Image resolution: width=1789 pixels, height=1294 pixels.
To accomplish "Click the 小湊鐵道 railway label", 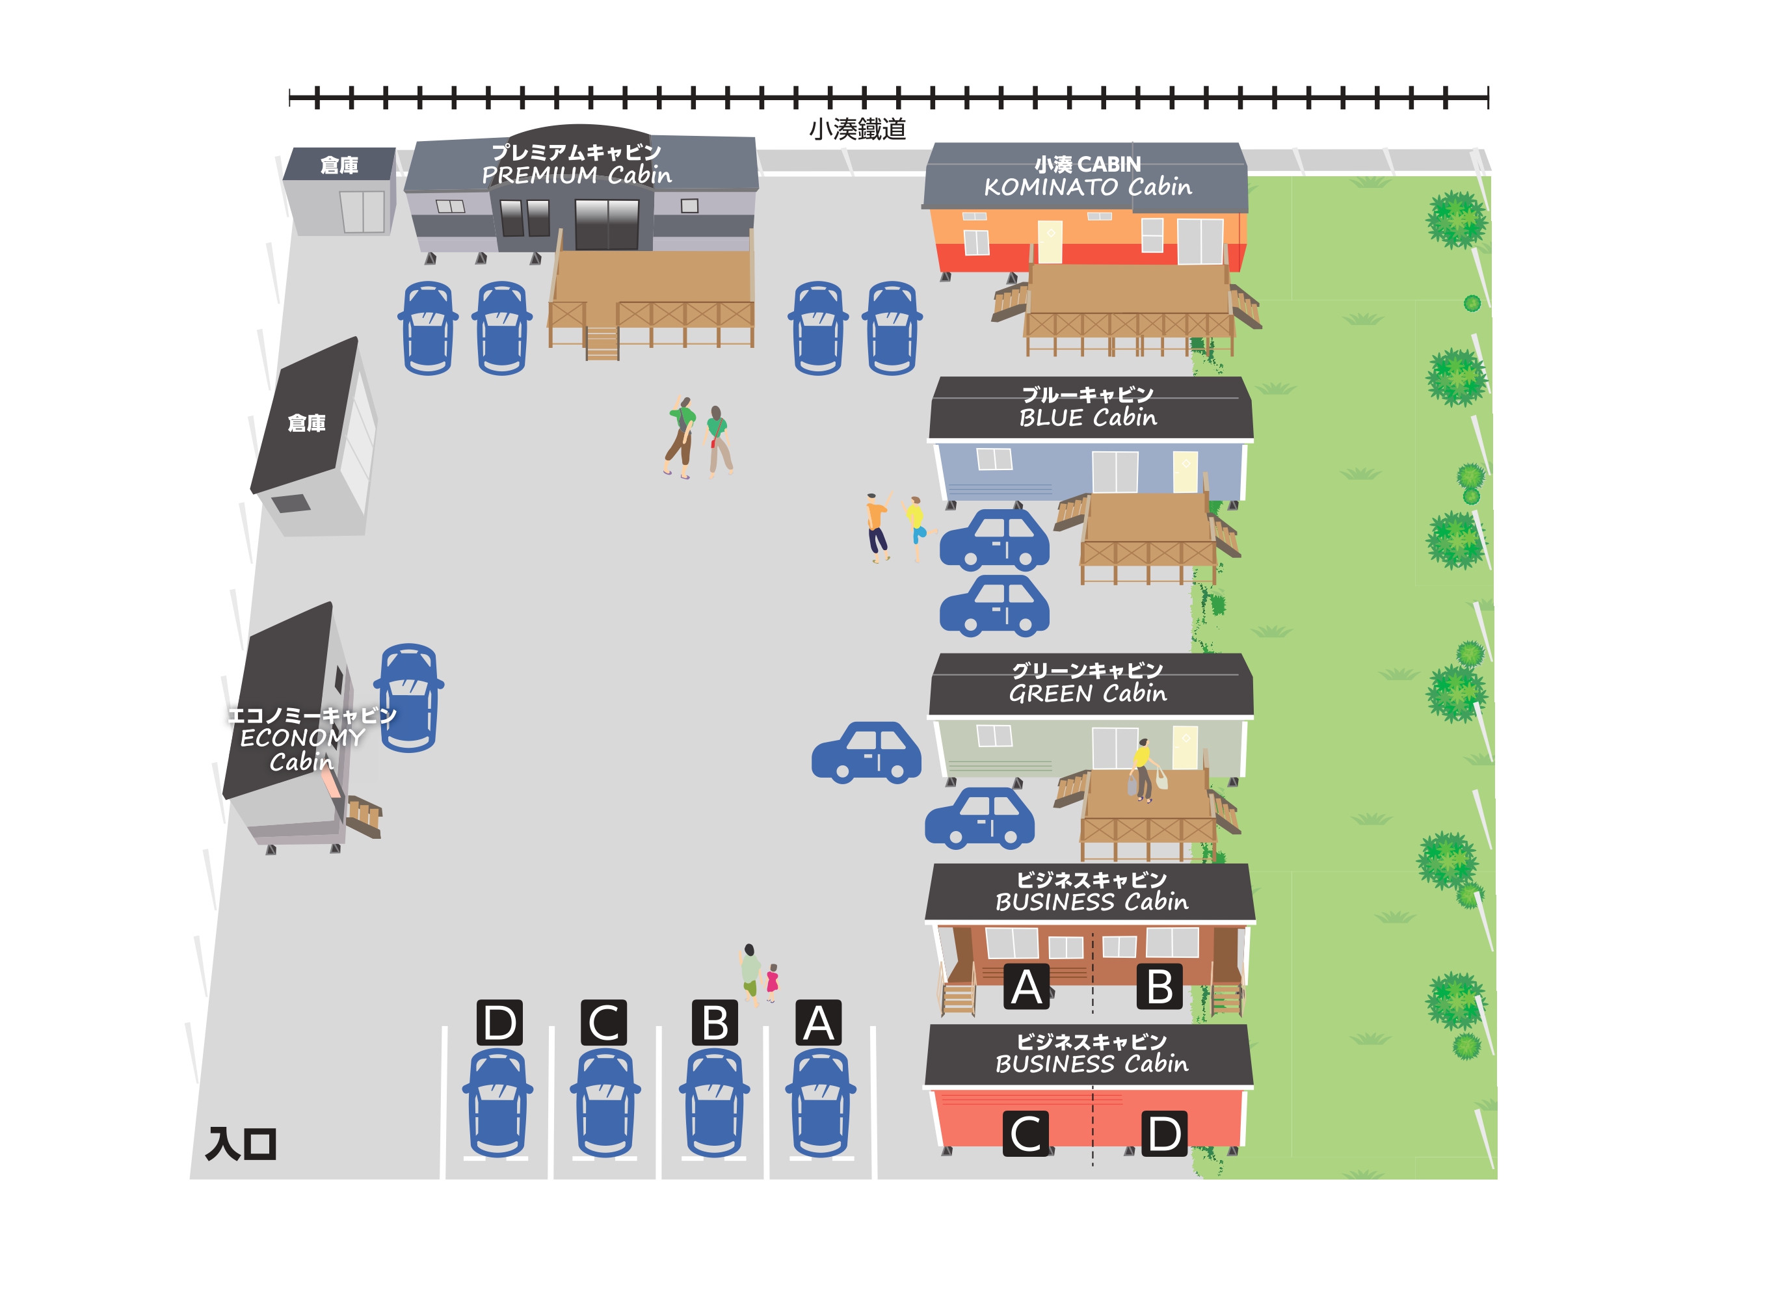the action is (857, 129).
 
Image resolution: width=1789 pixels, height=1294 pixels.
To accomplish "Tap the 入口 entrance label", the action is (241, 1144).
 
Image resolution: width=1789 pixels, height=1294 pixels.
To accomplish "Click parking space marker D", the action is (499, 1023).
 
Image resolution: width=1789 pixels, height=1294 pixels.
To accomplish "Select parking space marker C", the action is (603, 1023).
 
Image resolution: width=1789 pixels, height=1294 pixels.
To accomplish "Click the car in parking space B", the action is (714, 1102).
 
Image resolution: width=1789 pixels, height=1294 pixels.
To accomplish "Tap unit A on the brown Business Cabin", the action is (1026, 986).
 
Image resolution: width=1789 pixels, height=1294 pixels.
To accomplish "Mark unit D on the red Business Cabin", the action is (1164, 1134).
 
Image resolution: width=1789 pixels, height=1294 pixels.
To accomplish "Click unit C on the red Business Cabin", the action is (1026, 1134).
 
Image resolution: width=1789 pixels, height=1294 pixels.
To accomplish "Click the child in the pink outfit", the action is (772, 983).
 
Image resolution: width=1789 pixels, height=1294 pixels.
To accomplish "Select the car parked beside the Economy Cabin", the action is (408, 698).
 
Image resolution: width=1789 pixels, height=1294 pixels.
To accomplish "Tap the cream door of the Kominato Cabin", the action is (1050, 242).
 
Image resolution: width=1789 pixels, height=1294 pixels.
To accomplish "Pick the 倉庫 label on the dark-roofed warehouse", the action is (307, 423).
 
